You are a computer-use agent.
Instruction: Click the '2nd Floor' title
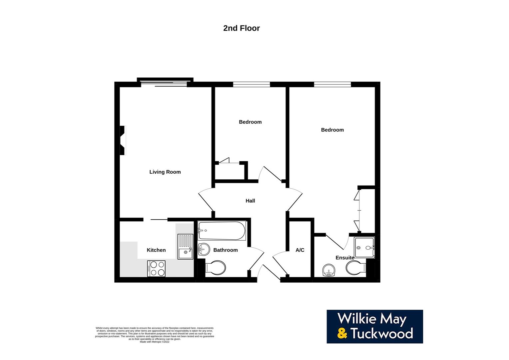coord(241,28)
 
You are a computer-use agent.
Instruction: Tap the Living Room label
coord(165,172)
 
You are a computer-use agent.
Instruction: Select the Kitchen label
coord(156,250)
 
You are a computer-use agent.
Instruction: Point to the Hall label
coord(250,201)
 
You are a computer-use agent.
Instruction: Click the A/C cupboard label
coord(300,250)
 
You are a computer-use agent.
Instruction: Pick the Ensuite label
coord(345,258)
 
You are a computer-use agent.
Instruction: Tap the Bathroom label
coord(226,250)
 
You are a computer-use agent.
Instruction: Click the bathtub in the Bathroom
coord(222,231)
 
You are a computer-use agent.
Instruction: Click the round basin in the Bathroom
coord(203,249)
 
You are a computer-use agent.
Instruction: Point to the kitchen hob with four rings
coord(156,268)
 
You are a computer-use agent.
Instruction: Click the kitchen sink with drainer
coord(185,247)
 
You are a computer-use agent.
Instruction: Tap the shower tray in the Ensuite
coord(364,247)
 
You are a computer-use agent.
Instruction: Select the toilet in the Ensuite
coord(355,268)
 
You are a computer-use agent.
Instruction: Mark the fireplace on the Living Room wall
coord(123,140)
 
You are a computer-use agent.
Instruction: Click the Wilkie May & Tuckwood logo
coord(374,327)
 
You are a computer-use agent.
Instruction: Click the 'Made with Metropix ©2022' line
coord(155,342)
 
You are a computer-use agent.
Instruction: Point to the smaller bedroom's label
coord(250,122)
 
